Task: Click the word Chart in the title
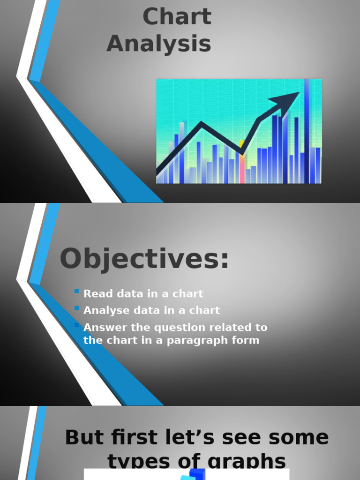tap(177, 17)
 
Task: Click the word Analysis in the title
tap(158, 44)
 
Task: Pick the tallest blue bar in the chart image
tap(307, 131)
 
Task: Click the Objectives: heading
tap(144, 259)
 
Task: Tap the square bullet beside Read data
tap(77, 291)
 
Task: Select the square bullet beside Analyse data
tap(77, 308)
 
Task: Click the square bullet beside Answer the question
tap(77, 325)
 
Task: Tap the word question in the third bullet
tap(173, 328)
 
